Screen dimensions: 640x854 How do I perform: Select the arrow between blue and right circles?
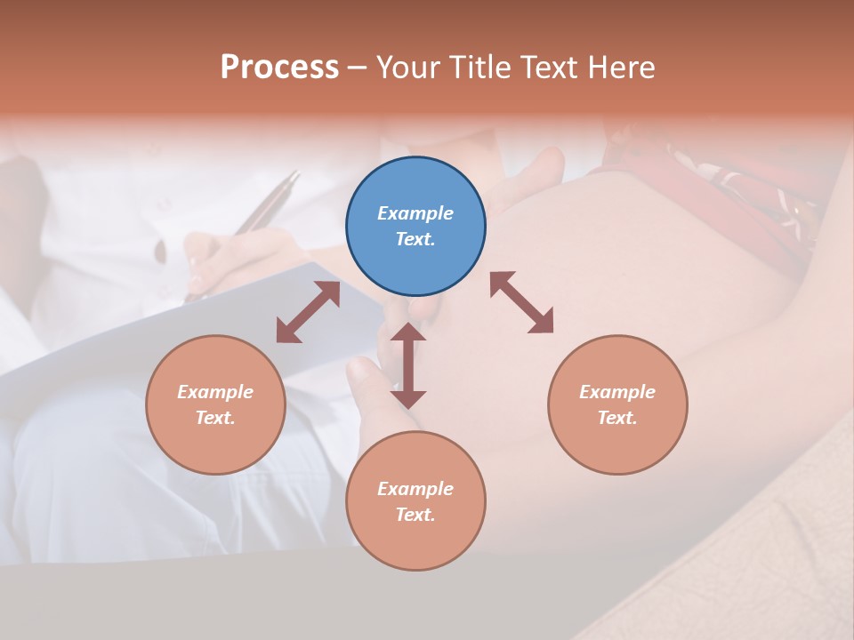521,302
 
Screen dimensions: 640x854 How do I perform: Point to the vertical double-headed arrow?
408,366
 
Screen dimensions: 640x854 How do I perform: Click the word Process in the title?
279,68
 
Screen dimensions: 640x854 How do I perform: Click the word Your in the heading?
408,68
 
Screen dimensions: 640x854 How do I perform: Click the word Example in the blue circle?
415,213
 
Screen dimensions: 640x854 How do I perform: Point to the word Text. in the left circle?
215,418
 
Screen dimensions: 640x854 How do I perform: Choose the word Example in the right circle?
617,392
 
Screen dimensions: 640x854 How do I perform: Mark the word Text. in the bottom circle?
415,515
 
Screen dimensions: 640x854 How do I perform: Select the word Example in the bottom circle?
415,489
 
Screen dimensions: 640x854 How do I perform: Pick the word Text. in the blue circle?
415,239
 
